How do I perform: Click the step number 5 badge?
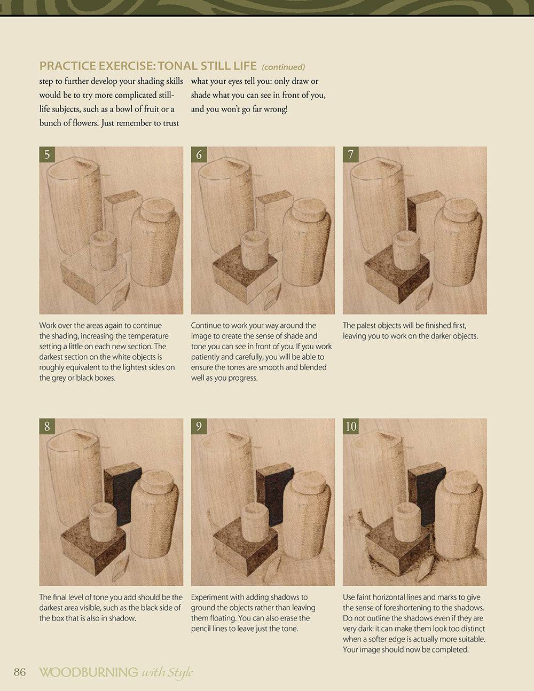(47, 154)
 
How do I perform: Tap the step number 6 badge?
(199, 154)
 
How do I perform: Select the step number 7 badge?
(351, 154)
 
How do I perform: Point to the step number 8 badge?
(47, 426)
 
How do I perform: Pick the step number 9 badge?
(199, 426)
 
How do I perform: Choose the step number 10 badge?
(351, 426)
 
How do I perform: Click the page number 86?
(20, 672)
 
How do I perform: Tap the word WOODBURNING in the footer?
(89, 672)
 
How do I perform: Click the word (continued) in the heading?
(284, 67)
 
